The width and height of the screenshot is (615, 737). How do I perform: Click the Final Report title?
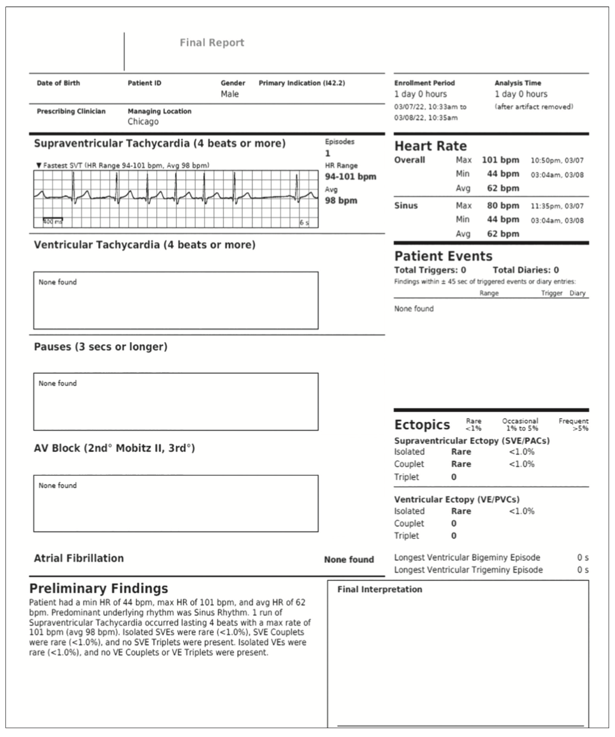tap(212, 43)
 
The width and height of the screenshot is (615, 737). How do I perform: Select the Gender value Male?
tap(229, 94)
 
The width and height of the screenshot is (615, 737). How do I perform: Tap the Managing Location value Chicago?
tap(143, 122)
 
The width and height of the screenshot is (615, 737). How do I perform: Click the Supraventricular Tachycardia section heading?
tap(160, 144)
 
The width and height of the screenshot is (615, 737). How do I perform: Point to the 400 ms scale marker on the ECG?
tap(52, 222)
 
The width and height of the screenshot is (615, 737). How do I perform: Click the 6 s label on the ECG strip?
tap(304, 222)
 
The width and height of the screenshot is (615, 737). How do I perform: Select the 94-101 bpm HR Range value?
tap(350, 176)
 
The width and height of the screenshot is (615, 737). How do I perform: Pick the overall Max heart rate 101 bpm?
tap(500, 160)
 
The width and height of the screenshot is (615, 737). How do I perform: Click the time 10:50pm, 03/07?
tap(557, 160)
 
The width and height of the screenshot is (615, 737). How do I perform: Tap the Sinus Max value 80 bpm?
tap(500, 206)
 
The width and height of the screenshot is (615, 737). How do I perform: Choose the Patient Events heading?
tap(443, 256)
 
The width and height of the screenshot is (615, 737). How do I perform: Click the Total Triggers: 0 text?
tap(430, 270)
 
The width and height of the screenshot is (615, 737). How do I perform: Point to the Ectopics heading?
tap(422, 425)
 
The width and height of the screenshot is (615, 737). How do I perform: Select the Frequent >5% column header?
tap(573, 425)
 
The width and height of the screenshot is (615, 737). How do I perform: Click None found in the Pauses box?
tap(58, 383)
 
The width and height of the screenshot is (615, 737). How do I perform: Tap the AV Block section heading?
tap(114, 448)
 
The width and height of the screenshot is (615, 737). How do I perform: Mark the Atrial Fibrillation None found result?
tap(349, 560)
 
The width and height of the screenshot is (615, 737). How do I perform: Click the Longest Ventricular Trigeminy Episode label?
tap(468, 570)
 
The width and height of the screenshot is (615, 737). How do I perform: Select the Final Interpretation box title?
tap(380, 590)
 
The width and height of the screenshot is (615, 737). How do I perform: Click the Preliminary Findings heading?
tap(99, 589)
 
